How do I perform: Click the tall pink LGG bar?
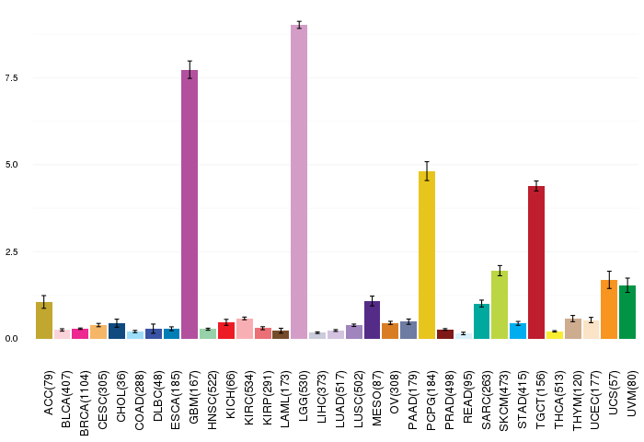299,181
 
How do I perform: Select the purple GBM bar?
190,204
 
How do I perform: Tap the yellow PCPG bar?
427,255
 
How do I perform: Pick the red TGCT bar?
536,262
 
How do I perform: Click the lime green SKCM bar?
500,305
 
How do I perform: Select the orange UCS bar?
609,309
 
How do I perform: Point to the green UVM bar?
627,312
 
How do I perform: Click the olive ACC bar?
44,320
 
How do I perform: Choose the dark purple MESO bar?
372,320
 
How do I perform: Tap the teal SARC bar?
481,321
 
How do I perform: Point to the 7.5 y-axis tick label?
11,77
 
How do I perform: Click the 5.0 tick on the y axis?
11,165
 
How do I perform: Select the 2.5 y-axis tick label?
11,251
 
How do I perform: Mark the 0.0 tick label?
11,338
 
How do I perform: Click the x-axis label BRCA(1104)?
85,403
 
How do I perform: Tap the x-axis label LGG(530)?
303,396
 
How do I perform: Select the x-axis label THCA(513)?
558,400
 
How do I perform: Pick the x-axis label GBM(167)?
193,397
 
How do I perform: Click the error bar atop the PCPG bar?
427,171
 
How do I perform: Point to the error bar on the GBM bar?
190,69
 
